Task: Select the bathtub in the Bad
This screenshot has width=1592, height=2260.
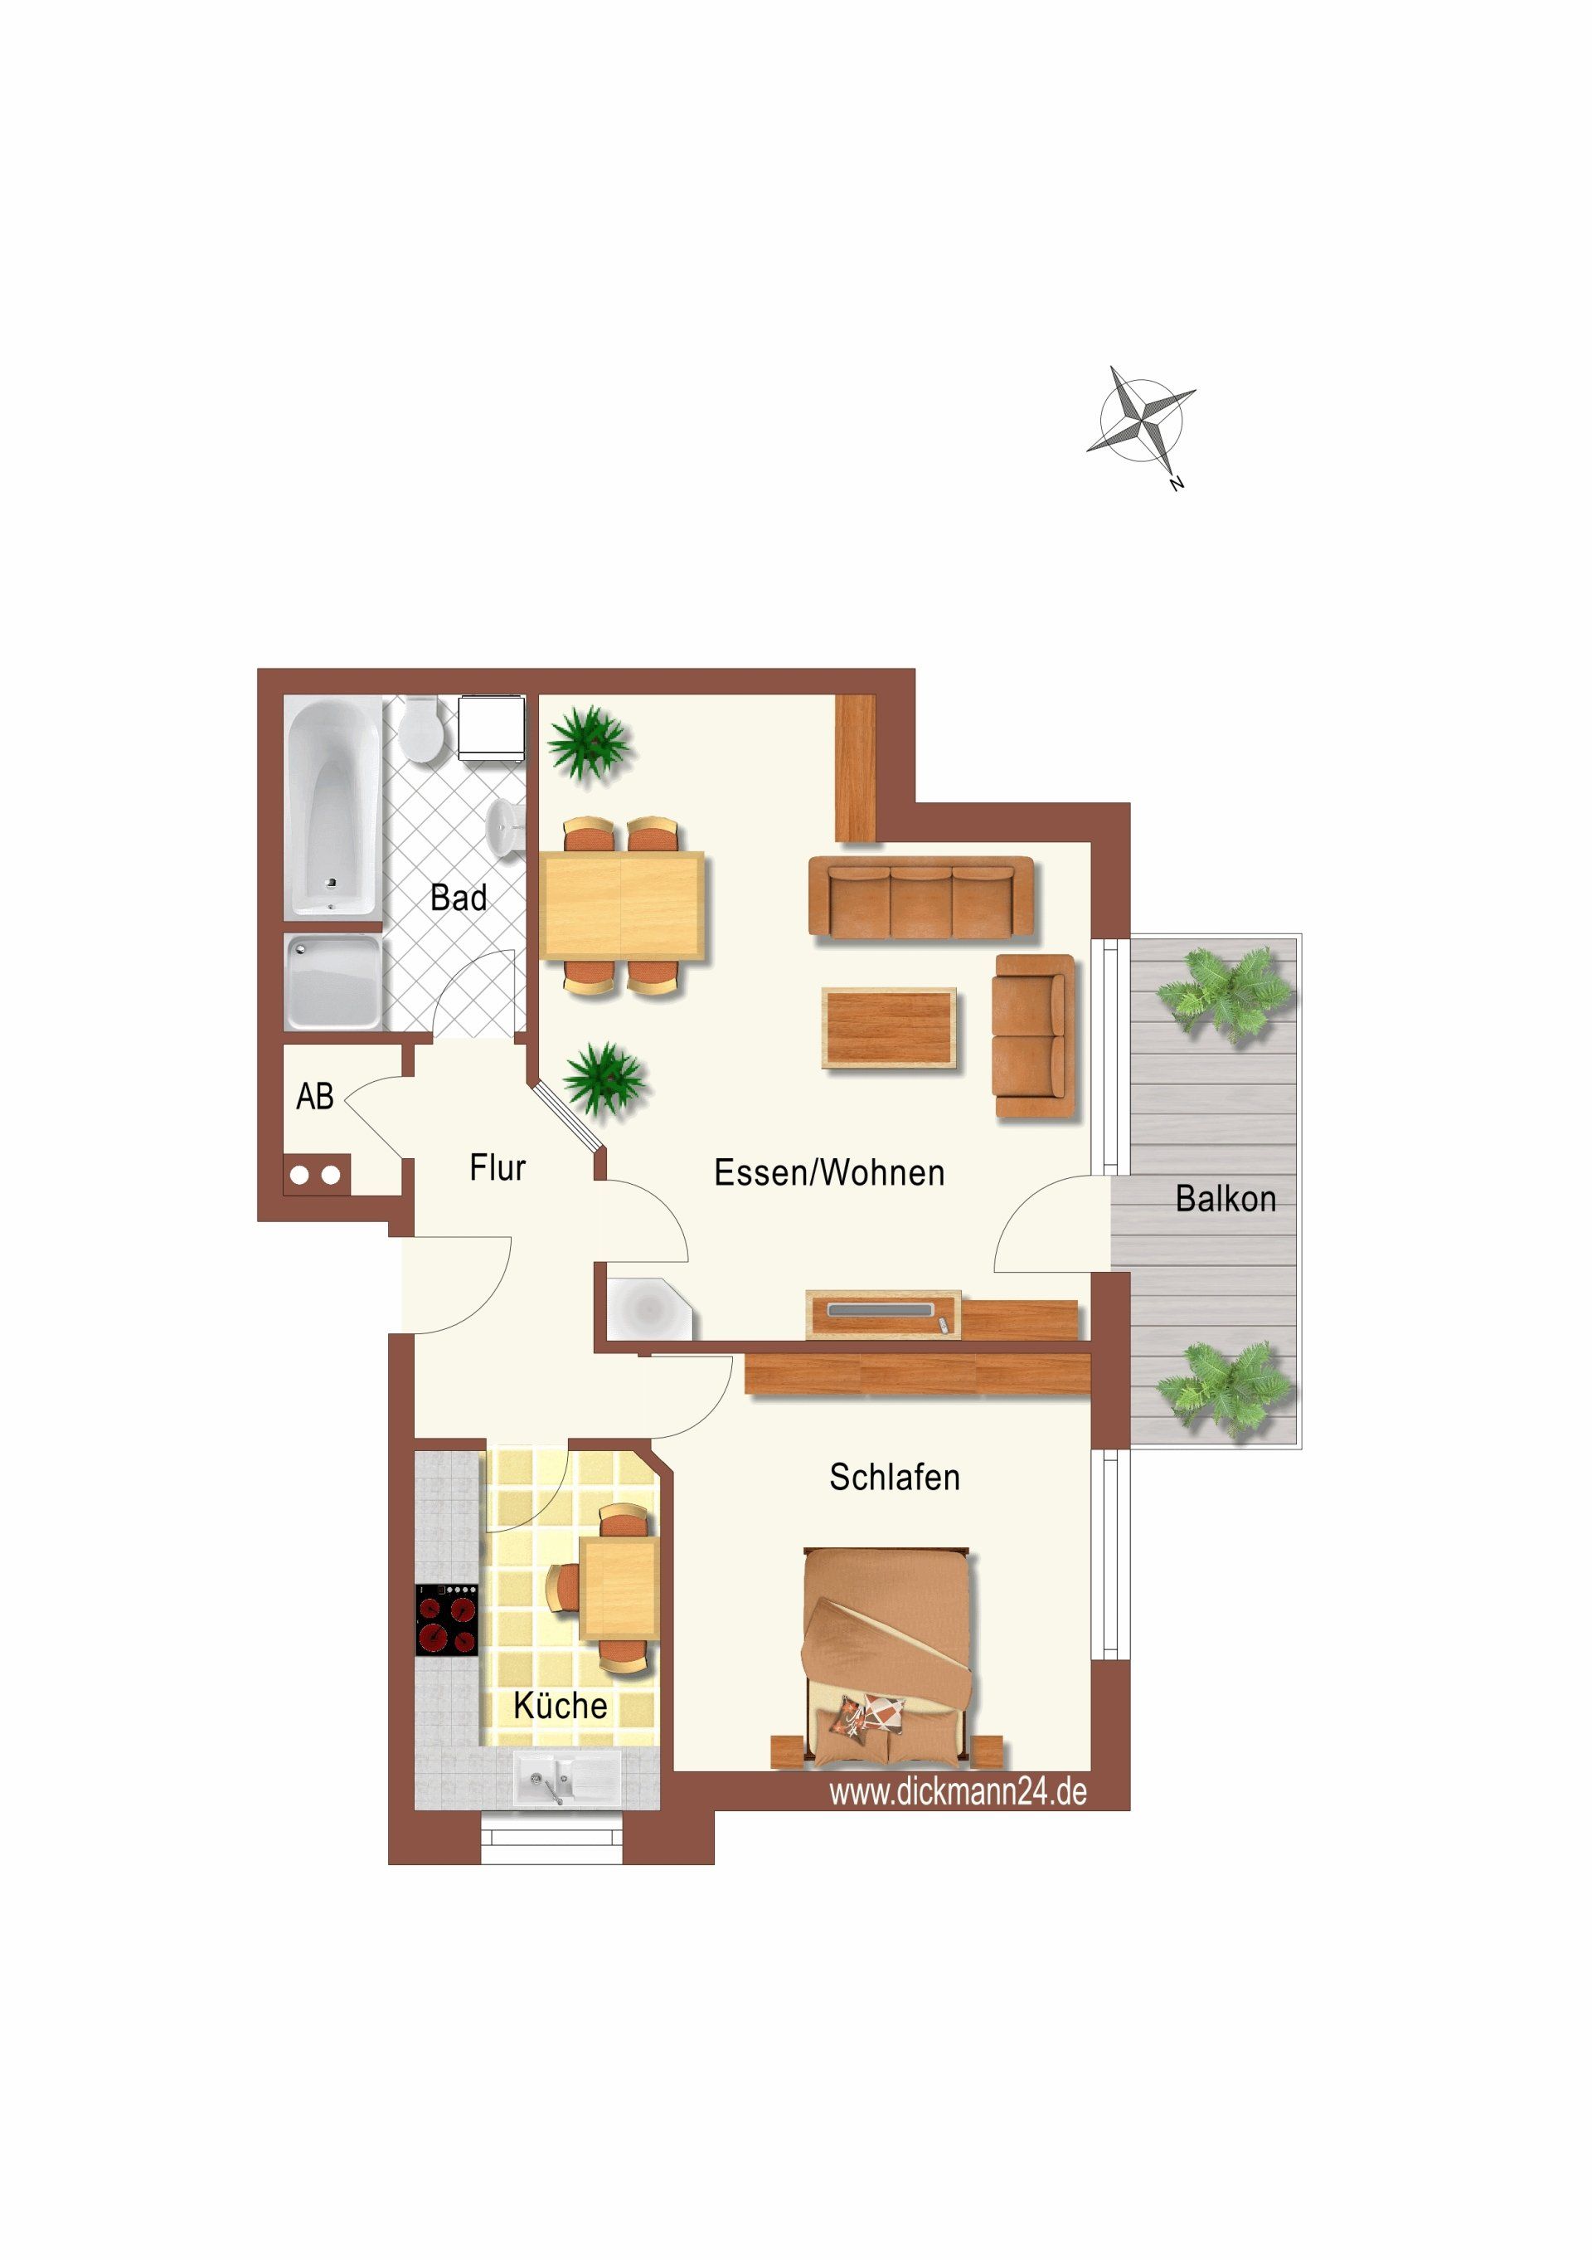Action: (332, 807)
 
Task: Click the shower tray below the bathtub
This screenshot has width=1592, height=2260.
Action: (332, 981)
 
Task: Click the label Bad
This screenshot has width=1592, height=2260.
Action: (459, 898)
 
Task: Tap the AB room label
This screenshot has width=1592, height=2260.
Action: (315, 1095)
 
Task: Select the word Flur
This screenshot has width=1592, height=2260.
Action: (497, 1167)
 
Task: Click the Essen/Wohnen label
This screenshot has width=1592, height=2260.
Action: (828, 1172)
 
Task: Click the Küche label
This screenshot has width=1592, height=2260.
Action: (560, 1705)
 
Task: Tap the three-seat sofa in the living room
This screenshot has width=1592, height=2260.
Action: (921, 896)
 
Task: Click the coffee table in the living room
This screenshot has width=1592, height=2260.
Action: (890, 1029)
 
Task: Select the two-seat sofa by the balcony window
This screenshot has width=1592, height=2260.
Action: (1034, 1035)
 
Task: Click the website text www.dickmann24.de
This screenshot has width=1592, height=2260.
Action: (958, 1791)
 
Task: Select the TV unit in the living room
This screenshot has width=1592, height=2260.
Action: (882, 1314)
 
